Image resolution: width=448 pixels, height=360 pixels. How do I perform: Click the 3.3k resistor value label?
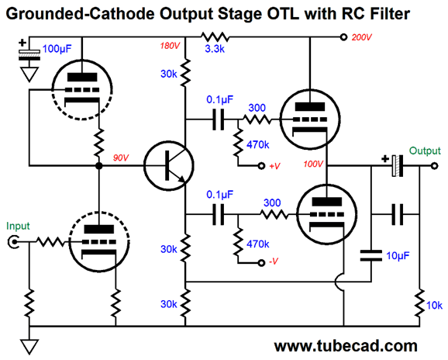[215, 49]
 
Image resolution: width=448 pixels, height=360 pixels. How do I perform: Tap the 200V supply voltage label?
[361, 37]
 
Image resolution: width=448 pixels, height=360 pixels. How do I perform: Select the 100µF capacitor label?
[57, 49]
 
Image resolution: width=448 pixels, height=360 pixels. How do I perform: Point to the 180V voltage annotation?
[170, 46]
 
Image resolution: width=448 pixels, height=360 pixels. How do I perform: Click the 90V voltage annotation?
[121, 157]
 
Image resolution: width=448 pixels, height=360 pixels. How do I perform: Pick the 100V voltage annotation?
[313, 164]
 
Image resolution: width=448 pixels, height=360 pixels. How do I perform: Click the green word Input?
[18, 226]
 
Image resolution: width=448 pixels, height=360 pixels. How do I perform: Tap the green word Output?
[425, 151]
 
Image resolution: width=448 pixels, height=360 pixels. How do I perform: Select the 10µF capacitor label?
[398, 255]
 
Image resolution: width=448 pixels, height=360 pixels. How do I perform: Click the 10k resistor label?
[434, 306]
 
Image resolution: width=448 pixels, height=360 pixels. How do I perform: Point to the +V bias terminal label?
[274, 166]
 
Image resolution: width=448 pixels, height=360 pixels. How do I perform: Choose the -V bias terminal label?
[274, 261]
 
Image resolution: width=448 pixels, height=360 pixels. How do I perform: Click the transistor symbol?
[168, 165]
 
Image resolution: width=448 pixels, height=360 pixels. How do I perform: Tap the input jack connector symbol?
[13, 242]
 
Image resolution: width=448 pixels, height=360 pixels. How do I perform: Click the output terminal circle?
[434, 165]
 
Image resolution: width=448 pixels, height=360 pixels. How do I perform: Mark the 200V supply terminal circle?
[343, 37]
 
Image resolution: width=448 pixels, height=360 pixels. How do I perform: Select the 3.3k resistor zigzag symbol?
[215, 37]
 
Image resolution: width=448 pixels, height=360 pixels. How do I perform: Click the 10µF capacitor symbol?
[371, 255]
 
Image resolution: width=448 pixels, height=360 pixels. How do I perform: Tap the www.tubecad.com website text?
[346, 346]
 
